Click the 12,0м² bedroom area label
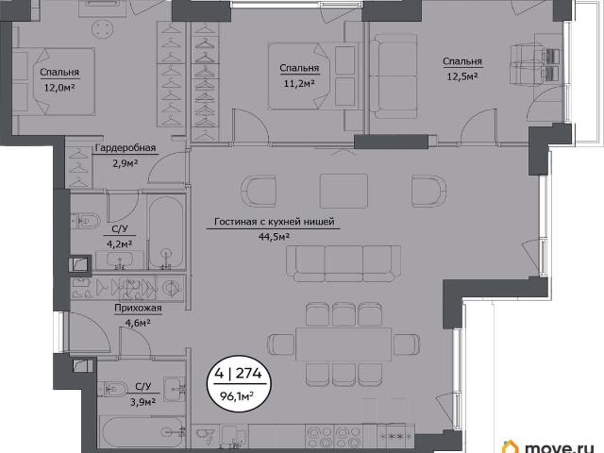coord(59,88)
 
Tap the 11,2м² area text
coord(300,83)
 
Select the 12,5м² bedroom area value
coord(462,76)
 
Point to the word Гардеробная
coord(126,148)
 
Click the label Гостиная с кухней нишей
coord(275,222)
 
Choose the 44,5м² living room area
coord(275,236)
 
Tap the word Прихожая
coord(138,309)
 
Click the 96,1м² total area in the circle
coord(237,396)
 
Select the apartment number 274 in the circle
coord(248,374)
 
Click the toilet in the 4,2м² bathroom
coord(86,221)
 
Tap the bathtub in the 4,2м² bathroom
coord(166,233)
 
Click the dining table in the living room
coord(344,344)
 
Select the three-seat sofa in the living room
coord(344,264)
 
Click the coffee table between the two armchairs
coord(344,191)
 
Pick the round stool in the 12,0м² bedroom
coord(103,29)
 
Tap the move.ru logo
coord(553,446)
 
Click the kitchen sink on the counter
coord(204,436)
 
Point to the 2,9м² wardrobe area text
coord(126,163)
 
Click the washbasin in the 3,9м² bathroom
coord(175,389)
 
